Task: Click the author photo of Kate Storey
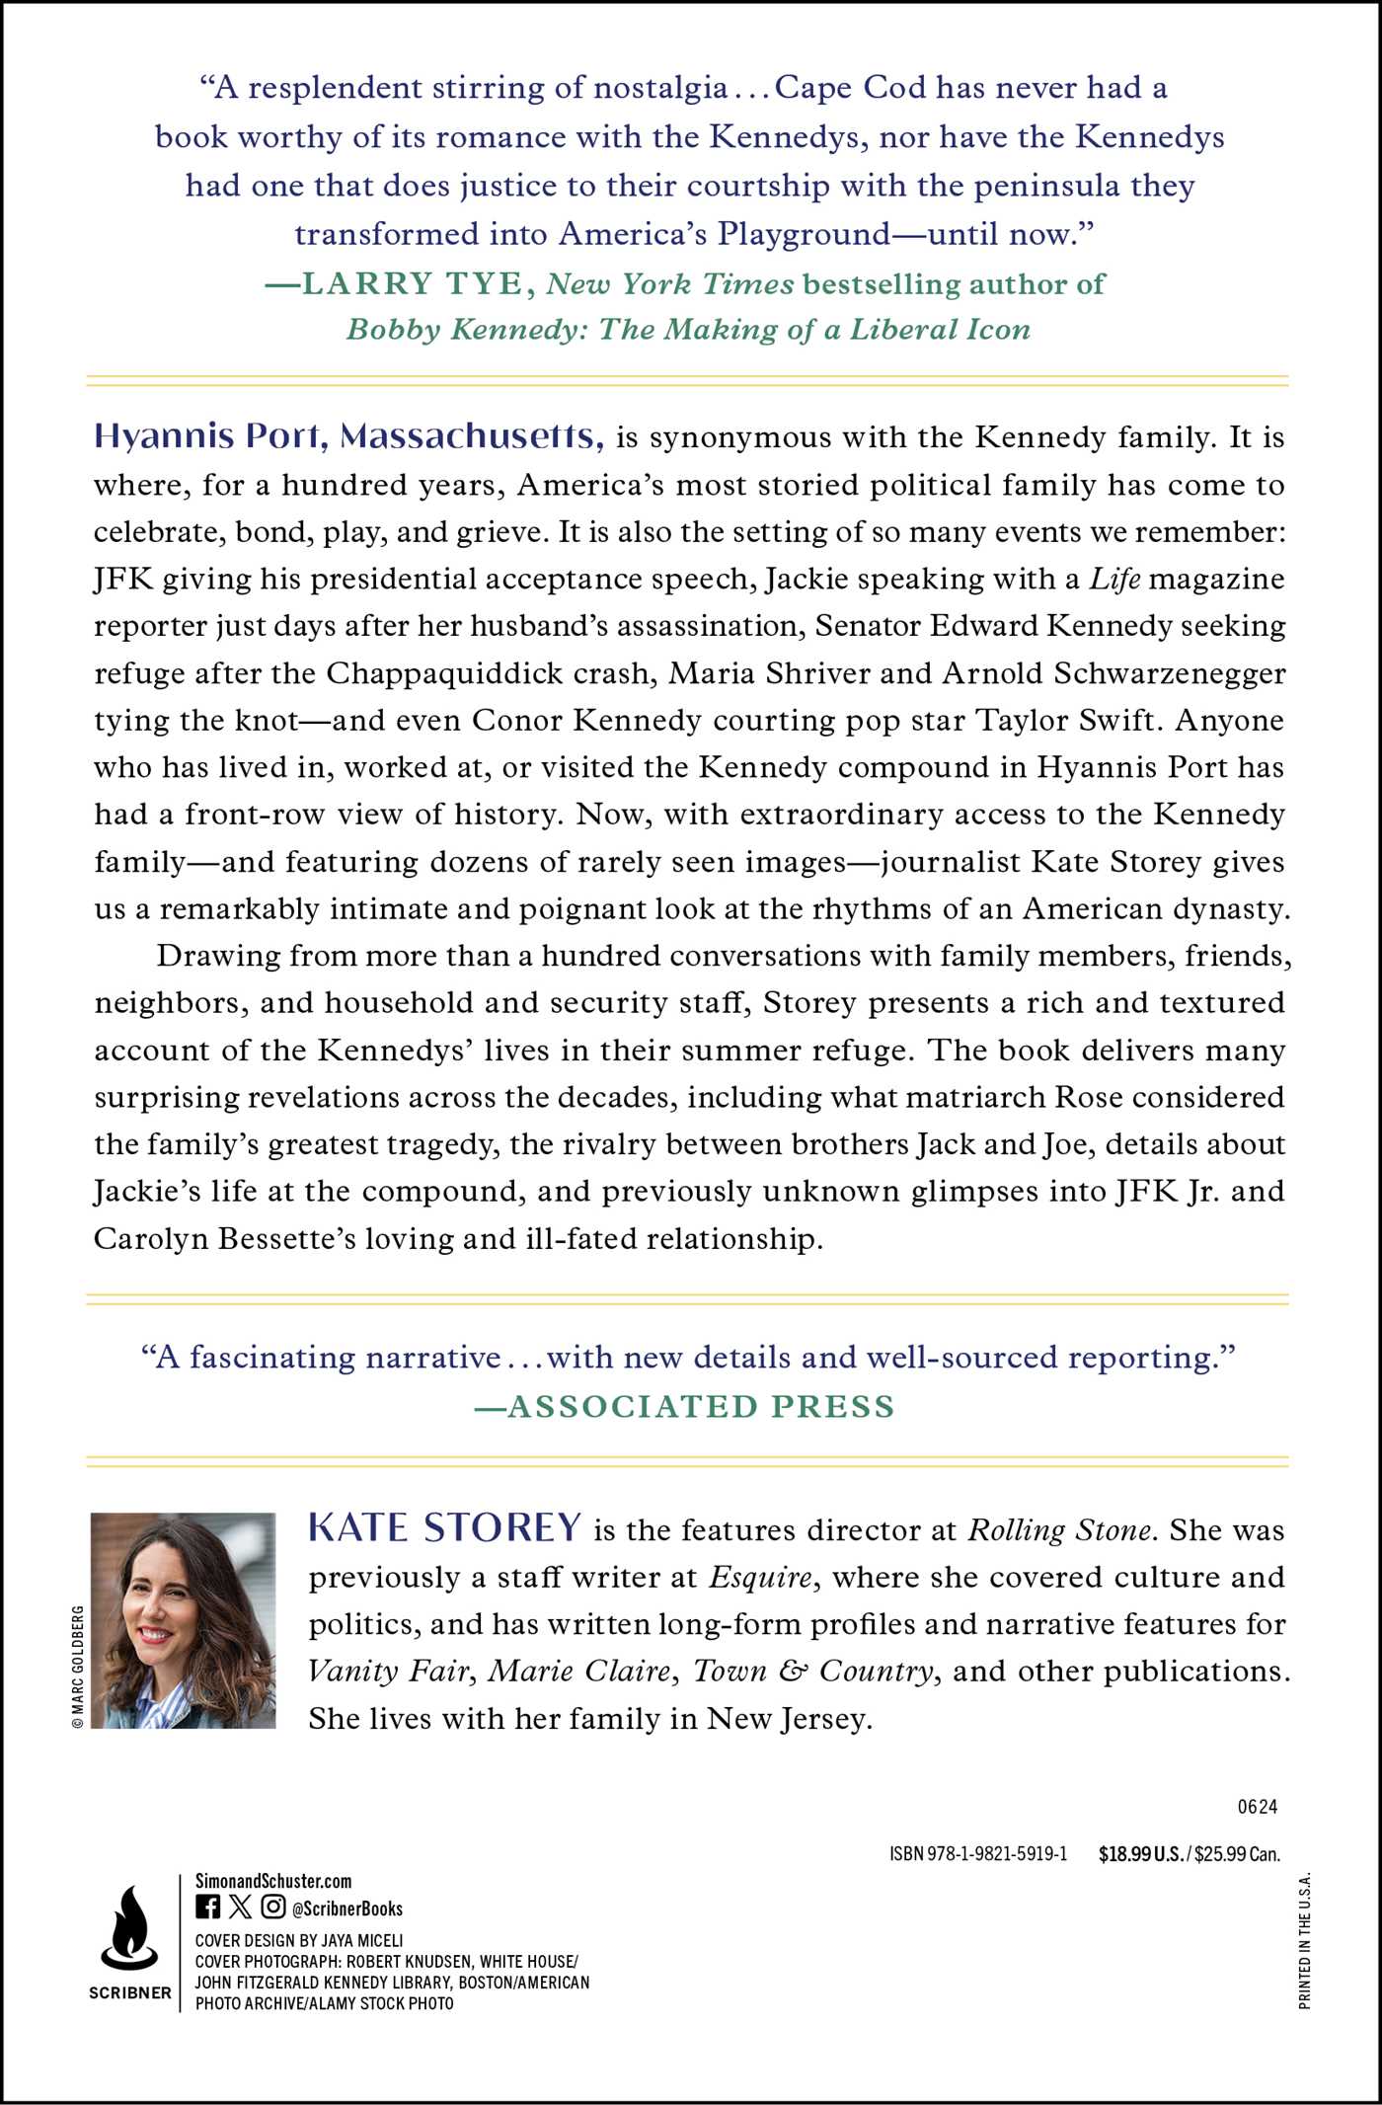point(183,1620)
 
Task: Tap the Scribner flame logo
point(129,1926)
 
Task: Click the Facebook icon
point(207,1907)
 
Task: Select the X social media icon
point(240,1907)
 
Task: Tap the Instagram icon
point(273,1907)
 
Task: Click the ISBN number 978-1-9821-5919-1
point(978,1854)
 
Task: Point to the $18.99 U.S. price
point(1140,1854)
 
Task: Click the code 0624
point(1257,1807)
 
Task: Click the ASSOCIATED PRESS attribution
point(700,1406)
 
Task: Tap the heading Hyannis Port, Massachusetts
point(348,435)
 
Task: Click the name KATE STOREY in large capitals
point(444,1527)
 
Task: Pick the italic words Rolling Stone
point(1059,1529)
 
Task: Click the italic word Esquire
point(761,1577)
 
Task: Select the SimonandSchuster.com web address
point(272,1881)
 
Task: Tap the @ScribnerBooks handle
point(346,1909)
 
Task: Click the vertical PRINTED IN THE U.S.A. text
point(1305,1940)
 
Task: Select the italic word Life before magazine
point(1114,579)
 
